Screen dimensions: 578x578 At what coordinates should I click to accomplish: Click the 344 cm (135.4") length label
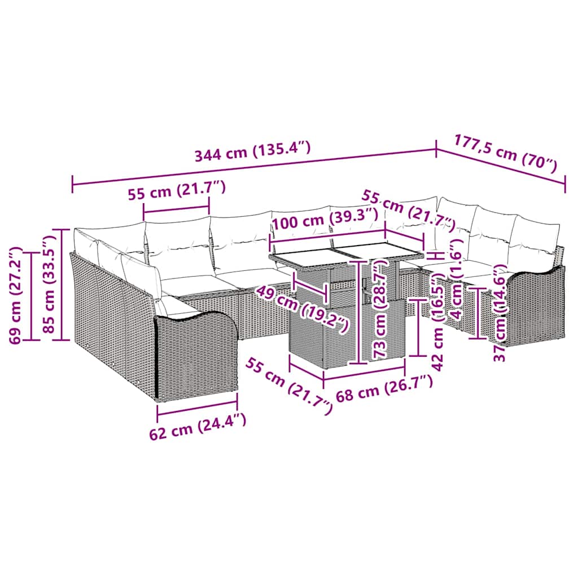click(252, 153)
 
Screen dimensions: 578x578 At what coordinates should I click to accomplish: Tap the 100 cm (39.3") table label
click(324, 218)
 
